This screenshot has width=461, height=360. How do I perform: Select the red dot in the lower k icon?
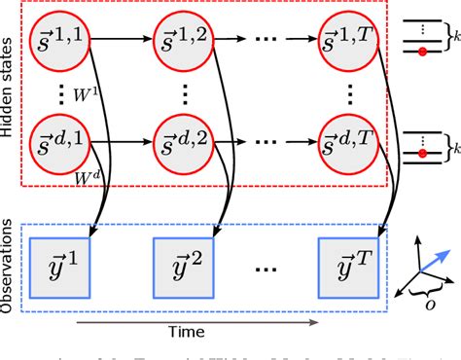(421, 154)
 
